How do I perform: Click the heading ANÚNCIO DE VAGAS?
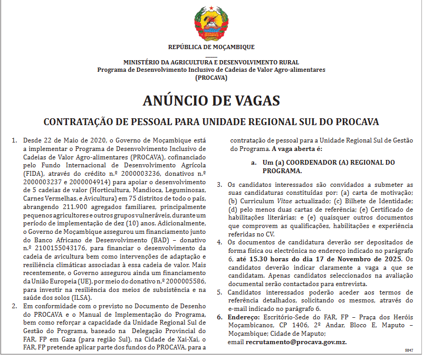coord(211,100)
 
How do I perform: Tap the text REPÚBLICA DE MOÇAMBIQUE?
coord(211,47)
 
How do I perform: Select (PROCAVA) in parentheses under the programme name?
coord(211,77)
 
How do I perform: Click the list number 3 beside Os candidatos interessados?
coord(220,185)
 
